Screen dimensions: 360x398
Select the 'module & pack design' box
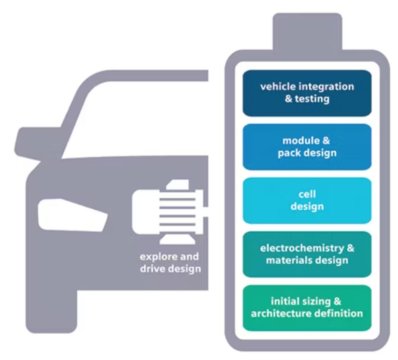tap(307, 147)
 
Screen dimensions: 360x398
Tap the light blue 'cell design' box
tap(307, 200)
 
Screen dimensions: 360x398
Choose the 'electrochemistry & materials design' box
tap(307, 254)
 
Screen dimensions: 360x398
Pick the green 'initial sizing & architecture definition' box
tap(307, 308)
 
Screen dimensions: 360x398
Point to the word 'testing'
tap(312, 98)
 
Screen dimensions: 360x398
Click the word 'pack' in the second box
tap(294, 153)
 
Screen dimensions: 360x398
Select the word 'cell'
tap(307, 194)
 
